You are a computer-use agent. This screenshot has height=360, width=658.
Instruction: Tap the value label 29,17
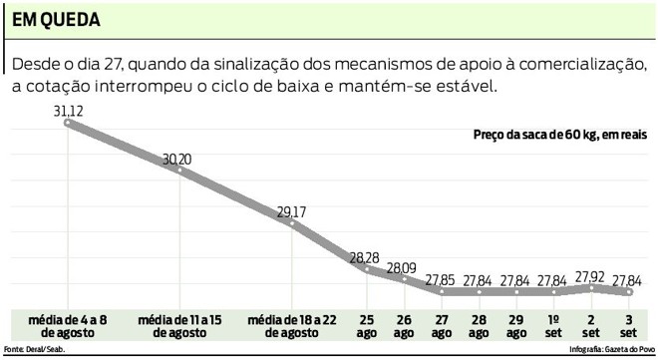click(x=292, y=210)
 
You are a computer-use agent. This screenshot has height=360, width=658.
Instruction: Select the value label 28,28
click(x=364, y=257)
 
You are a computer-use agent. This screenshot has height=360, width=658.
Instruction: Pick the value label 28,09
click(x=403, y=266)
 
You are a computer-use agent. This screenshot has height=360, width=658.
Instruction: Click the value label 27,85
click(x=441, y=280)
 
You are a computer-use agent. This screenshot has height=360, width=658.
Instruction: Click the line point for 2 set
click(x=591, y=288)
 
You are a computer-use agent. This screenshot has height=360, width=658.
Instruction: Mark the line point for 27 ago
click(x=441, y=292)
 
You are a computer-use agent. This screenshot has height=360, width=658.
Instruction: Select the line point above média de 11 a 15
click(x=179, y=170)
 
